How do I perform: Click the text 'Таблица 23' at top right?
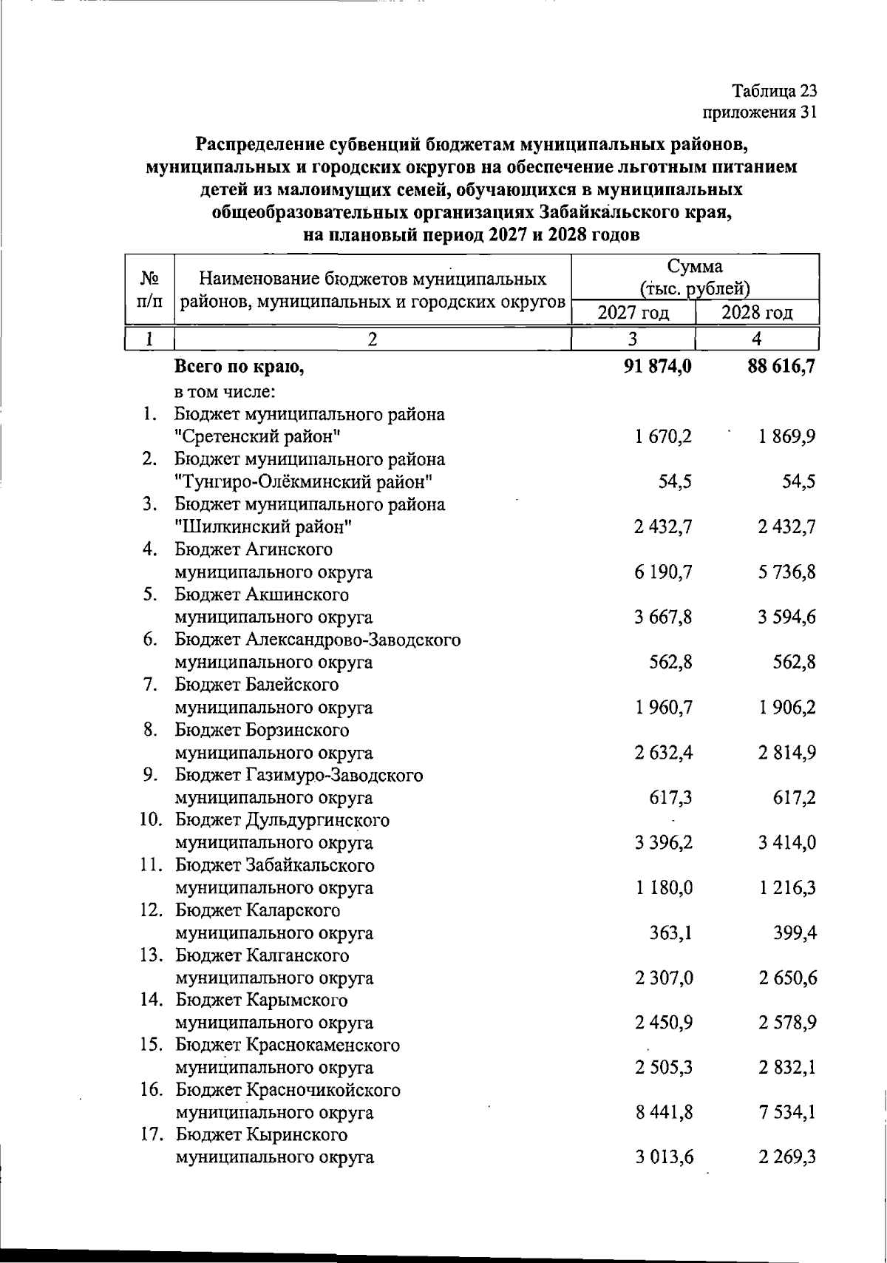coord(774,91)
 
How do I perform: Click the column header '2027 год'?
coord(633,313)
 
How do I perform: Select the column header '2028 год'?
coord(757,313)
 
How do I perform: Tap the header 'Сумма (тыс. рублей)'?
coord(695,277)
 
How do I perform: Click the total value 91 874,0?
coord(658,367)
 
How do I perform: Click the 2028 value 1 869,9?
coord(786,436)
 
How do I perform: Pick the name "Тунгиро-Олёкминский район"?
coord(304,482)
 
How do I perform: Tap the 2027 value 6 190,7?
coord(663,572)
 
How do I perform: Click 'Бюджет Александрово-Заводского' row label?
coord(318,640)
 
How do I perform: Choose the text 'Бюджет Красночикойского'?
coord(288,1090)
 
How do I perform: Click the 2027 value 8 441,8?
coord(663,1112)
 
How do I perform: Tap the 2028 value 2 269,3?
coord(786,1157)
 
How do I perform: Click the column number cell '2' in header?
coord(373,339)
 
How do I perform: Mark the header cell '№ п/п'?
coord(150,290)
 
